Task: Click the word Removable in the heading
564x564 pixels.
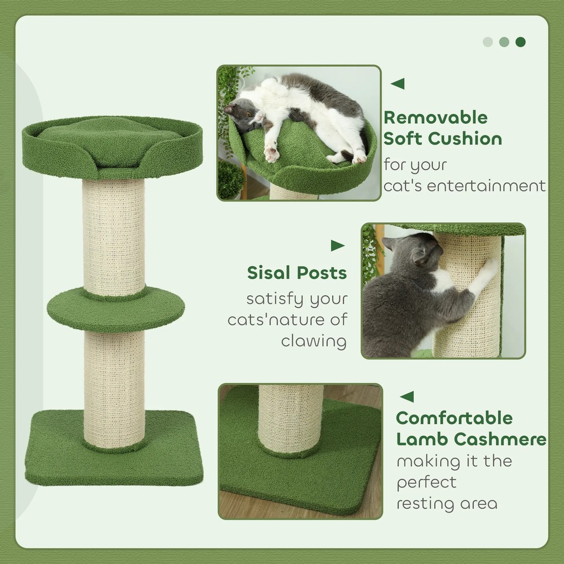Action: click(x=435, y=118)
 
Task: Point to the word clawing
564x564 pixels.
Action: click(x=314, y=341)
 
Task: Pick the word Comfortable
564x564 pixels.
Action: click(x=455, y=418)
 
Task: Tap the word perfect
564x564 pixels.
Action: click(x=427, y=482)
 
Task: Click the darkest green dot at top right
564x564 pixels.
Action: click(x=520, y=42)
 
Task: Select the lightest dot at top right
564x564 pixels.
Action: click(x=488, y=42)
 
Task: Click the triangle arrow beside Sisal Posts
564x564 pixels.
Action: click(x=337, y=246)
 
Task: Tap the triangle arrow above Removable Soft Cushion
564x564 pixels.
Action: click(x=398, y=83)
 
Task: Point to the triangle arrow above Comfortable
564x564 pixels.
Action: click(x=407, y=397)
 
